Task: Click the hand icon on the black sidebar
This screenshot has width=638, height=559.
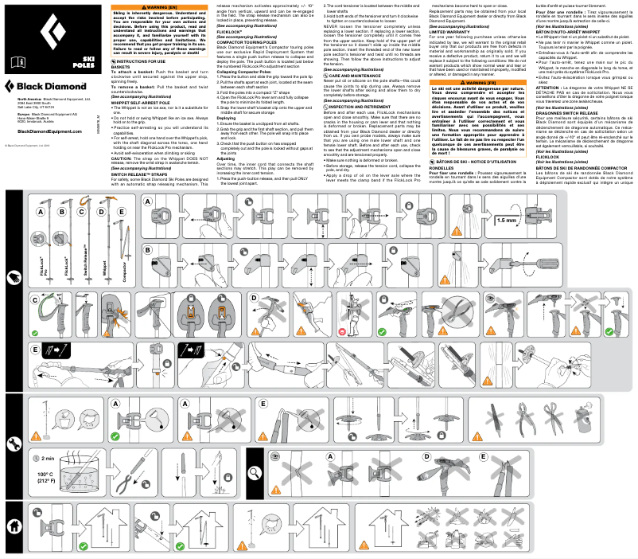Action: click(12, 278)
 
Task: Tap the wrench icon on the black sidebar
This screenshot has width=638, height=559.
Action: click(12, 443)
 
